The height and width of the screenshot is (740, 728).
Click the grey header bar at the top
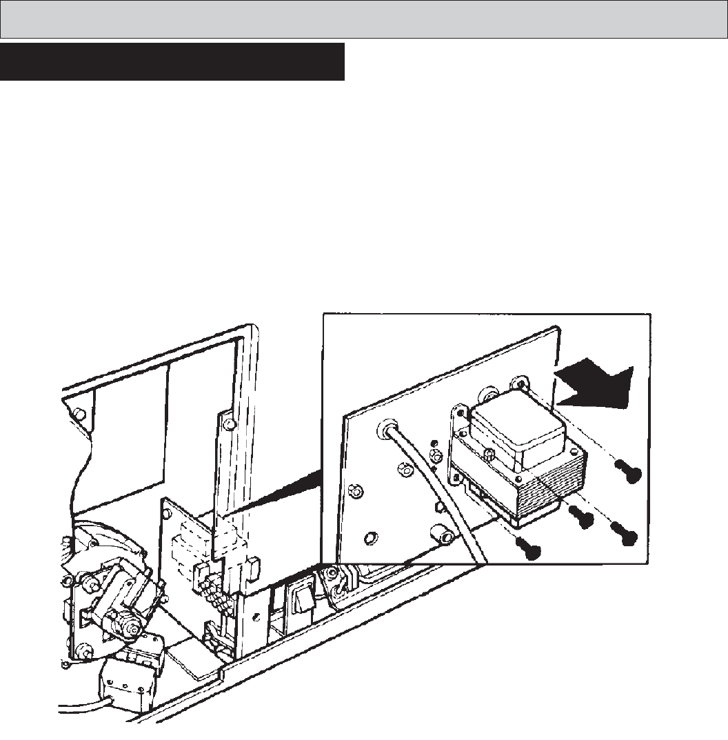pos(363,19)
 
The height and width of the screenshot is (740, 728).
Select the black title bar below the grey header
pos(172,62)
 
